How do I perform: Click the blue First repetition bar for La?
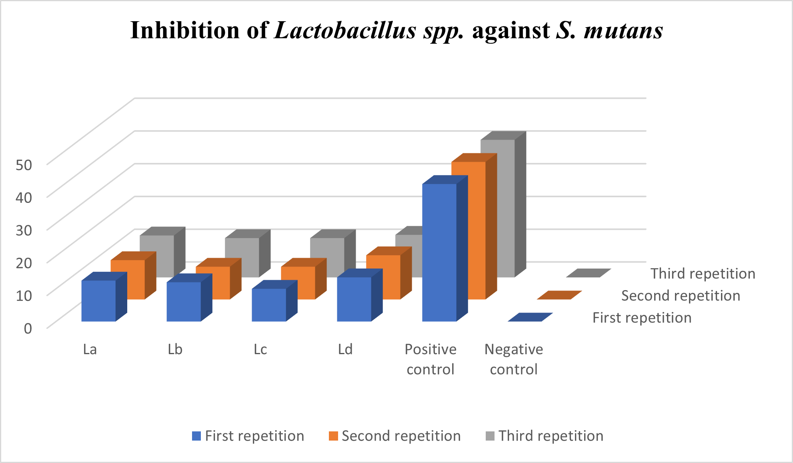[98, 301]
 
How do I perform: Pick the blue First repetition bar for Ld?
[354, 299]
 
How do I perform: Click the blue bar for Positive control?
[439, 252]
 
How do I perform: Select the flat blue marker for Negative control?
[530, 317]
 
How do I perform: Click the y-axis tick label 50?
[24, 164]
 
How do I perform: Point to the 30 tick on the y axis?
[24, 230]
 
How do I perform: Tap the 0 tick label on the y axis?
[28, 328]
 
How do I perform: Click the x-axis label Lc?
[260, 349]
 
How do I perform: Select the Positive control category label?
[431, 359]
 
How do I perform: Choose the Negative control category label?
[514, 359]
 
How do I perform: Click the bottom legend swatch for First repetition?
[196, 436]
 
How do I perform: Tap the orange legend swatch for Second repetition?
[333, 436]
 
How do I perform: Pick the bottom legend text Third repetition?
[551, 436]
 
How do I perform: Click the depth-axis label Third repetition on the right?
[703, 274]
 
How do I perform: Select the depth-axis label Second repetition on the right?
[681, 296]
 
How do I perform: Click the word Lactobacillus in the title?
[345, 30]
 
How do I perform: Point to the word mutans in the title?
[623, 30]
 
